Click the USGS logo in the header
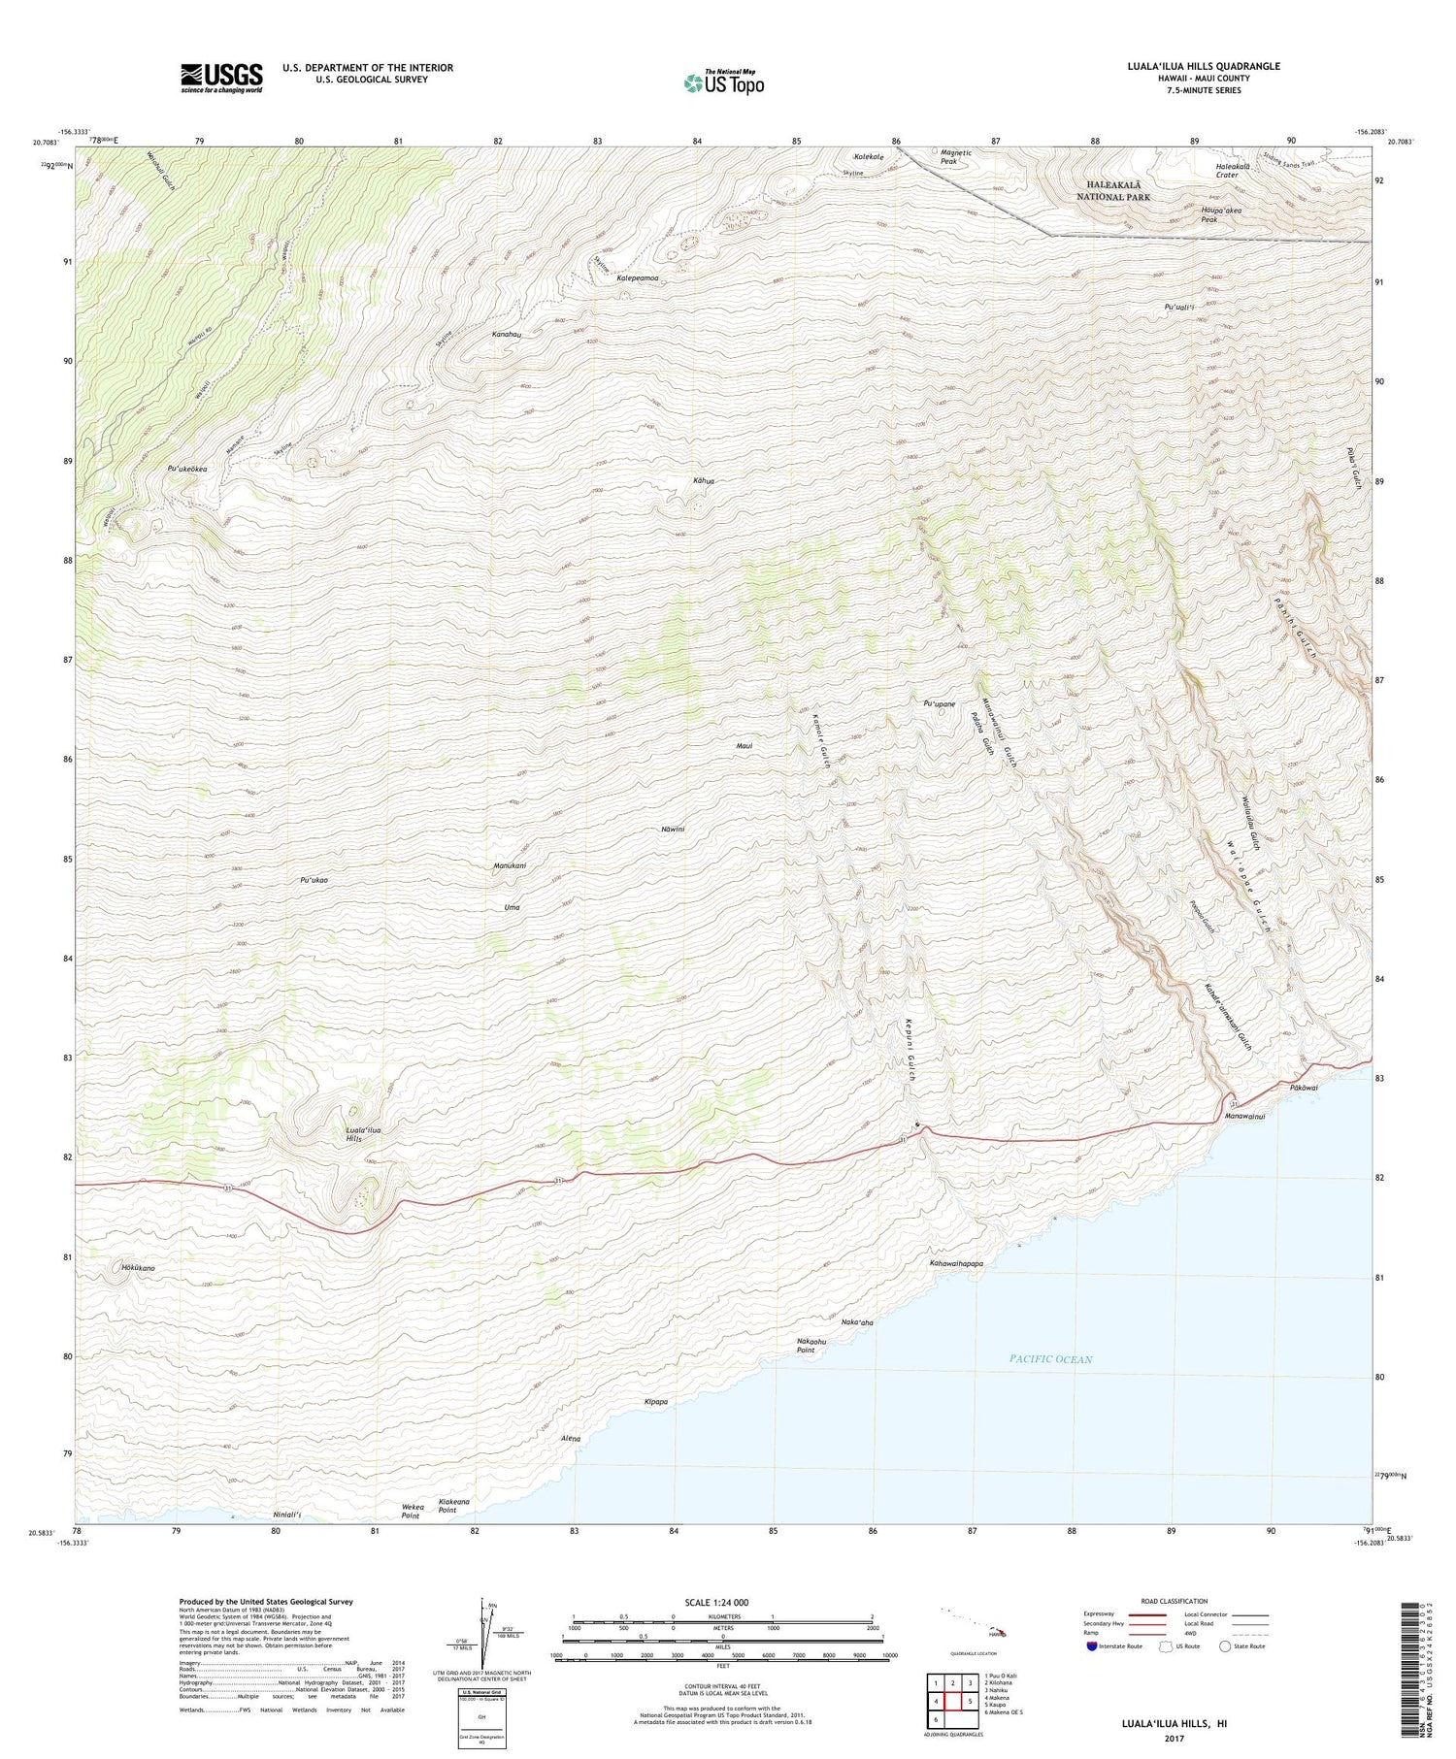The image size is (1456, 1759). pos(221,78)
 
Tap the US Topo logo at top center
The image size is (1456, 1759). pos(723,82)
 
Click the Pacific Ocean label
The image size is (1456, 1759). pos(1050,1359)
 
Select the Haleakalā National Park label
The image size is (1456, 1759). pos(1112,190)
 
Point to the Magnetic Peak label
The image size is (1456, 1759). pos(956,156)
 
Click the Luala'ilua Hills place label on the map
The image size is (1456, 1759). pos(363,1134)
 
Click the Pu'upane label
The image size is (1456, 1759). pos(939,703)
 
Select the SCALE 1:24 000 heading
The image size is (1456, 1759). pos(716,1603)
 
